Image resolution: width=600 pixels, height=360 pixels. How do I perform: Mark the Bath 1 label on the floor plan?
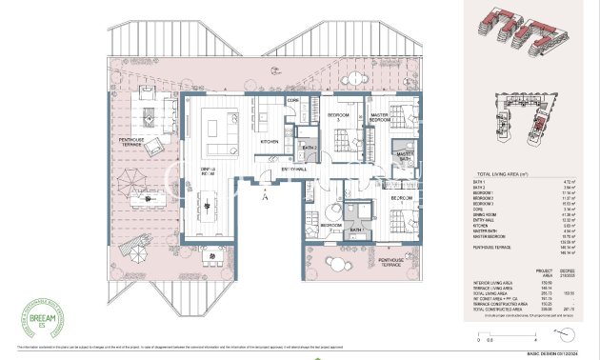pyautogui.click(x=356, y=230)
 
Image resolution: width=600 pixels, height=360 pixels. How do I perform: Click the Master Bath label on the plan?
pyautogui.click(x=405, y=155)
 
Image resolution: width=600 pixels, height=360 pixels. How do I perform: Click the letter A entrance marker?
pyautogui.click(x=266, y=194)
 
